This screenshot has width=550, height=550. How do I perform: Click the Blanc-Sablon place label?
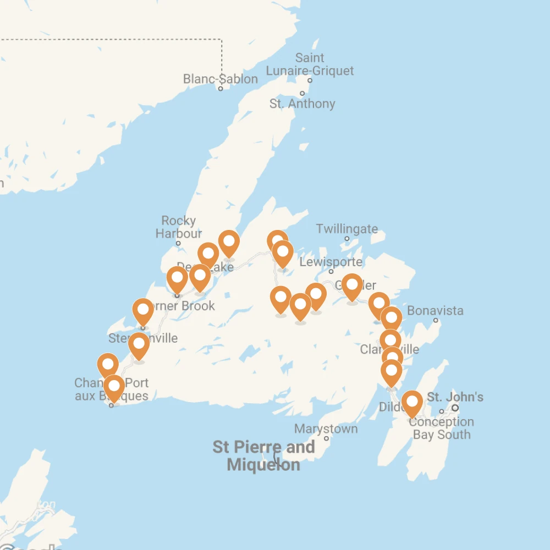click(x=220, y=79)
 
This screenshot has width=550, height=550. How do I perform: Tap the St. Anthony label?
click(x=302, y=104)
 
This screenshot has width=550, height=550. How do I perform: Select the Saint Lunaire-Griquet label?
click(x=310, y=64)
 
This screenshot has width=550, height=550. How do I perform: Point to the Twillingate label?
click(x=346, y=229)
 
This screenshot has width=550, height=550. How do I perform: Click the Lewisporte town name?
click(x=331, y=262)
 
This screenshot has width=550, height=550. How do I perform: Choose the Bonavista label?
click(x=435, y=311)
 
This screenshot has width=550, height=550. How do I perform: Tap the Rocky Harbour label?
click(x=178, y=227)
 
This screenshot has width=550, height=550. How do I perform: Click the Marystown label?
click(x=326, y=429)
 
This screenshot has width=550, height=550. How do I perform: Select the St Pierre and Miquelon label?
click(x=263, y=455)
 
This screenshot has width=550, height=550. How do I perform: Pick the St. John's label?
click(x=455, y=397)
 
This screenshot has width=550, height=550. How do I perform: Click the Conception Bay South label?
click(x=441, y=428)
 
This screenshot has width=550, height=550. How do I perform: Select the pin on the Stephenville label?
click(x=143, y=311)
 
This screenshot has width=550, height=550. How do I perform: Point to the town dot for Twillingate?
click(x=347, y=239)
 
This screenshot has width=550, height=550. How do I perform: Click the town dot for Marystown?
click(x=326, y=438)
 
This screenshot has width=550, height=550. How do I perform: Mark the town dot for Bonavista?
click(x=436, y=320)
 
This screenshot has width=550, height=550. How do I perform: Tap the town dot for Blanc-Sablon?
click(x=221, y=89)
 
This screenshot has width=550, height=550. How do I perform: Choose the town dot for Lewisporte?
click(x=331, y=271)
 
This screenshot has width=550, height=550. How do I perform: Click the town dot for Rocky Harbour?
click(x=178, y=243)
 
